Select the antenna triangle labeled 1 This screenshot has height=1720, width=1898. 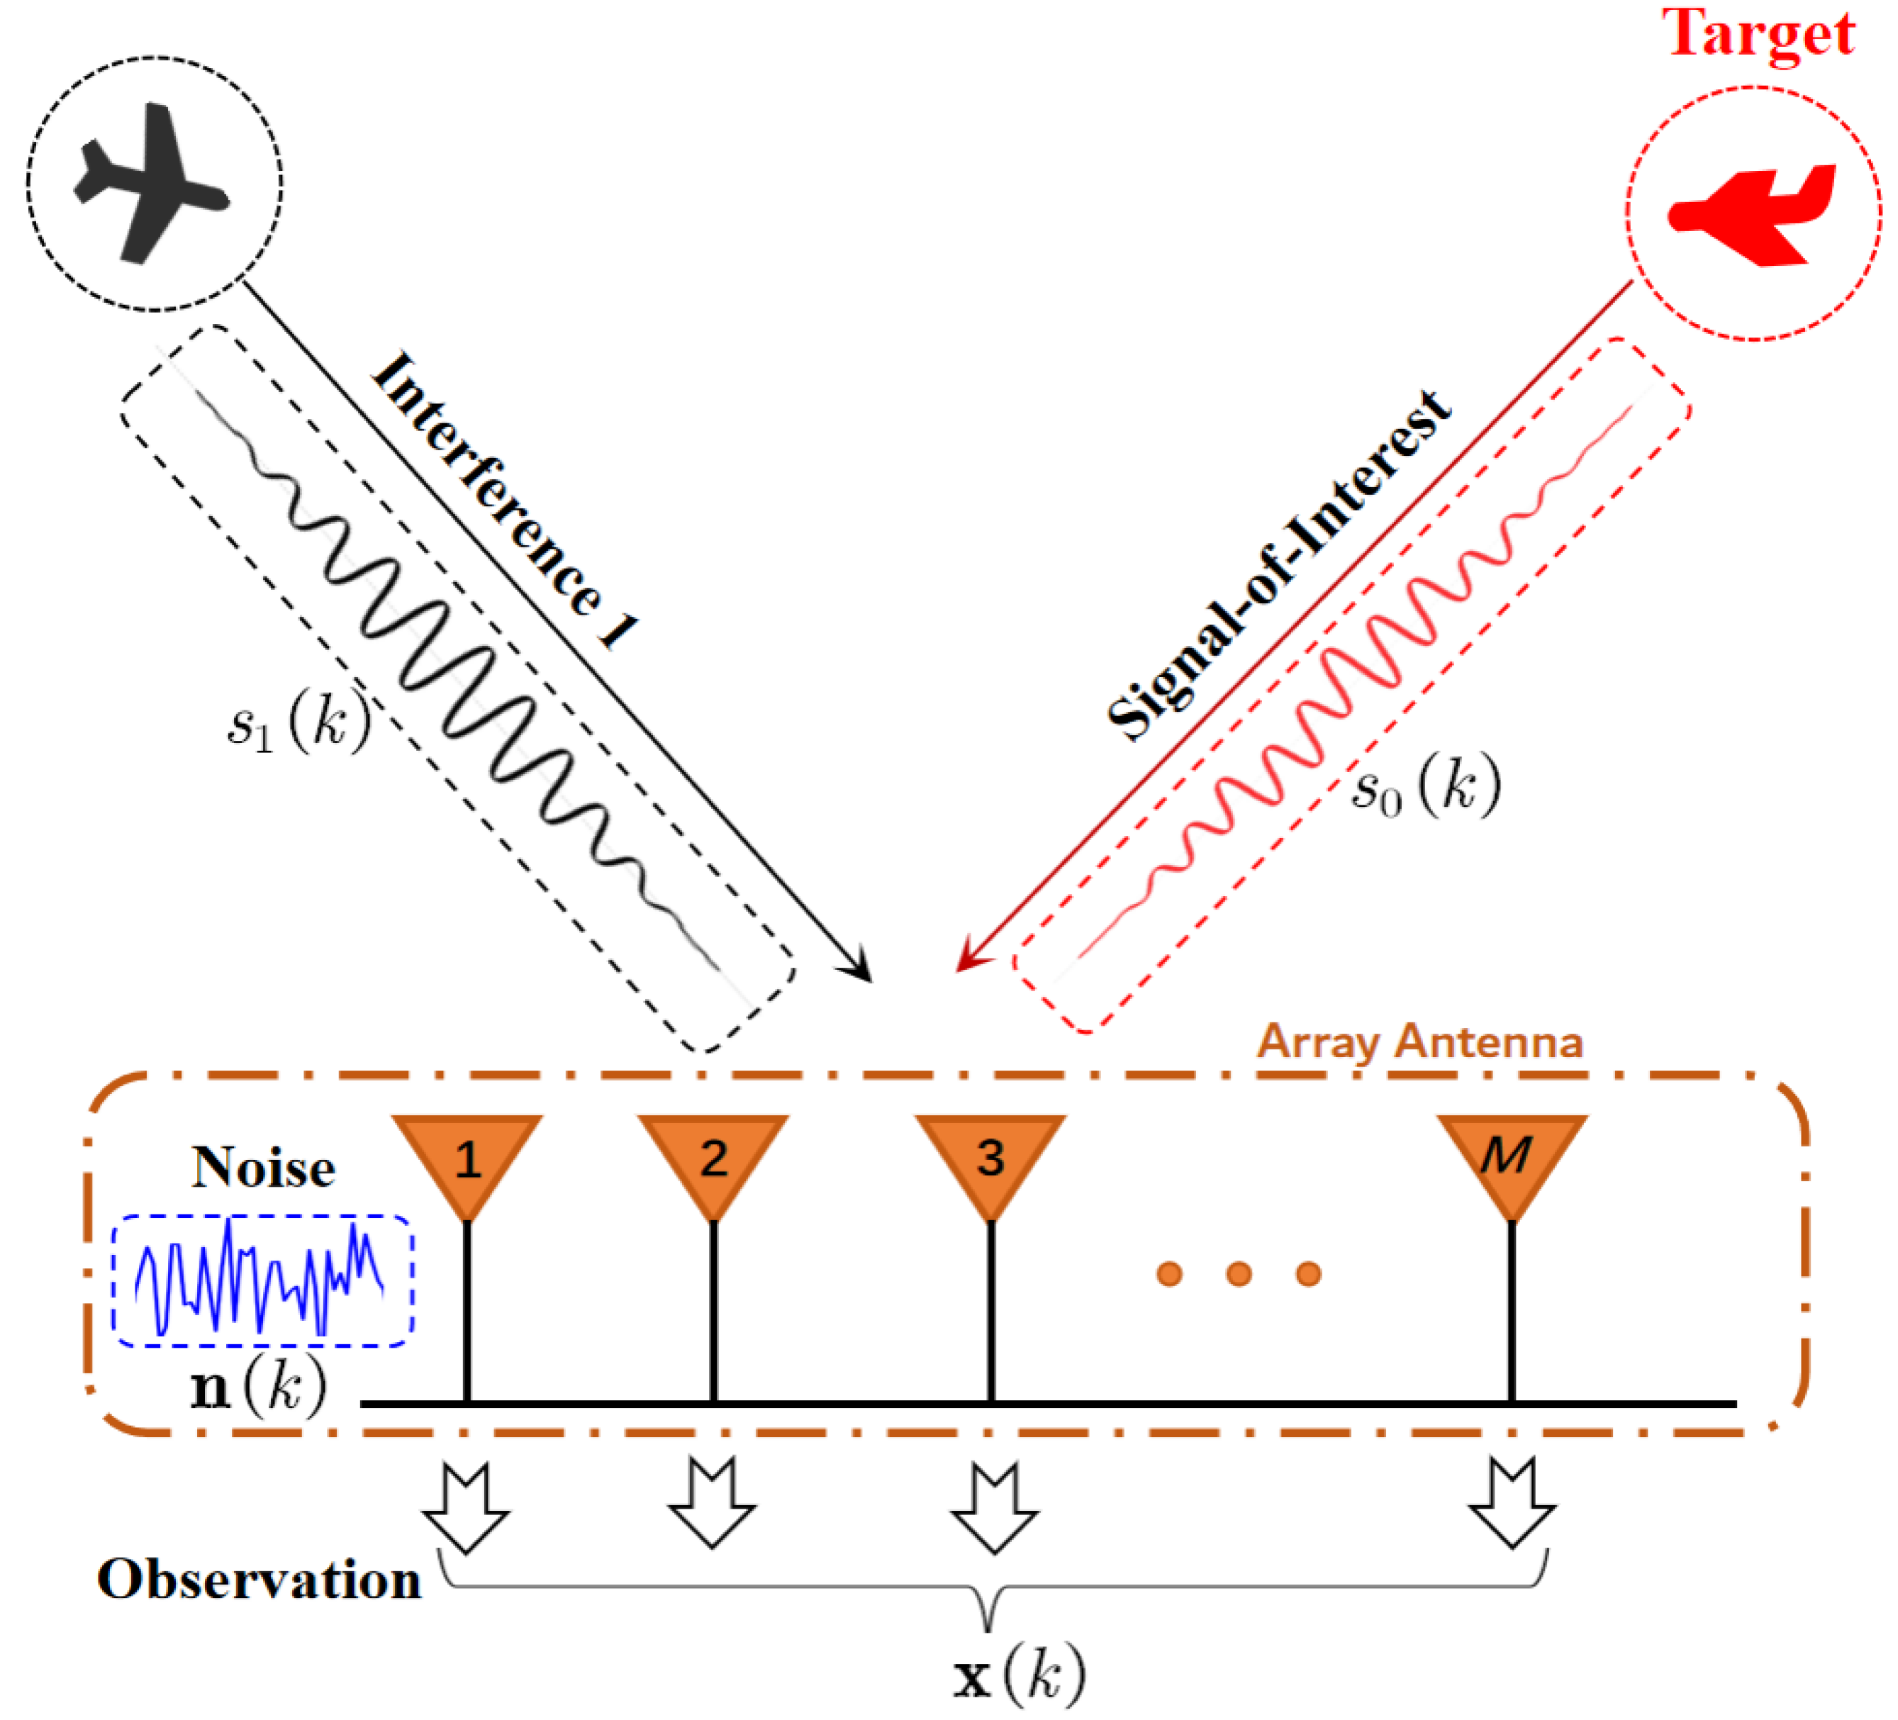pyautogui.click(x=467, y=1157)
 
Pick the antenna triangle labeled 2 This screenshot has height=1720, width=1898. pyautogui.click(x=713, y=1157)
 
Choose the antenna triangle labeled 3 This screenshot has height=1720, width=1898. pyautogui.click(x=990, y=1157)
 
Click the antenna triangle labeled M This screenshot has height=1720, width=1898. pyautogui.click(x=1511, y=1157)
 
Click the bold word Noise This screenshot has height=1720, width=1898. pyautogui.click(x=264, y=1168)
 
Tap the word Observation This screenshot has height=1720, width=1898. pyautogui.click(x=259, y=1580)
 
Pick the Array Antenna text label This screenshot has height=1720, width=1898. pyautogui.click(x=1419, y=1042)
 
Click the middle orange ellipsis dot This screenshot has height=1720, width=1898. pyautogui.click(x=1239, y=1275)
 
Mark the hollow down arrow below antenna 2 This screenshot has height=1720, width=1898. pyautogui.click(x=713, y=1504)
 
